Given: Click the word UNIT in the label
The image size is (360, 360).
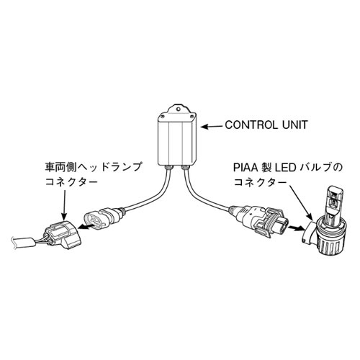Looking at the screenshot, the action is [x=294, y=125].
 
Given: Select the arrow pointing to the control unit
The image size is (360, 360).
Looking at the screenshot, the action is [x=212, y=126].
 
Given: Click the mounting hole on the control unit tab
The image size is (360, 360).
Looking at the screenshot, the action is [x=178, y=109].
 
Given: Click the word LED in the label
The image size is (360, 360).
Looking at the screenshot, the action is [x=285, y=168].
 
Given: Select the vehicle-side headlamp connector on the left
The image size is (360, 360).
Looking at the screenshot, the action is [x=61, y=235].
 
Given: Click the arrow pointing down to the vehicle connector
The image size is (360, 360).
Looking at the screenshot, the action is [x=64, y=204].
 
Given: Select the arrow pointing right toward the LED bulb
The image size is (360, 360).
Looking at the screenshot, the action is [x=297, y=228].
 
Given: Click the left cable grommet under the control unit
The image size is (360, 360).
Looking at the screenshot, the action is [x=169, y=167].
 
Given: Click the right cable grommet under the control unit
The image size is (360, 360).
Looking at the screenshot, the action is [x=186, y=167].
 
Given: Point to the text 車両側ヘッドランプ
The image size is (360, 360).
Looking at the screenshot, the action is [x=93, y=168].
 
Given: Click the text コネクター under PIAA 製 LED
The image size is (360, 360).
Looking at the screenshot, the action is [x=260, y=182].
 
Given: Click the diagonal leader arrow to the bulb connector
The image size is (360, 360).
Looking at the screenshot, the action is [x=301, y=202].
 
